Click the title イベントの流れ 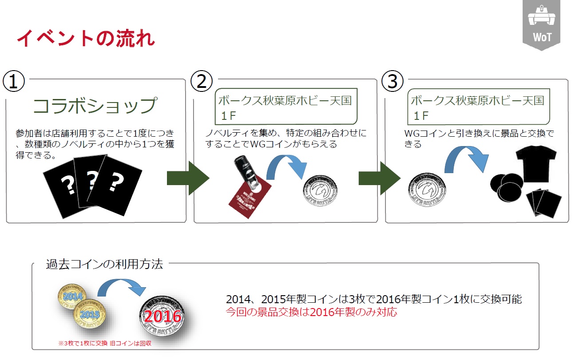click(x=86, y=39)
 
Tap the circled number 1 click(x=14, y=81)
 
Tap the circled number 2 click(x=202, y=81)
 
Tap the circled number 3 click(x=393, y=81)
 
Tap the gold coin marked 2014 click(x=74, y=295)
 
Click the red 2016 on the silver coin click(x=163, y=316)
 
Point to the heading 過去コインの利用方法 click(x=104, y=265)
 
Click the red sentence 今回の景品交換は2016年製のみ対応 click(x=311, y=312)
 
